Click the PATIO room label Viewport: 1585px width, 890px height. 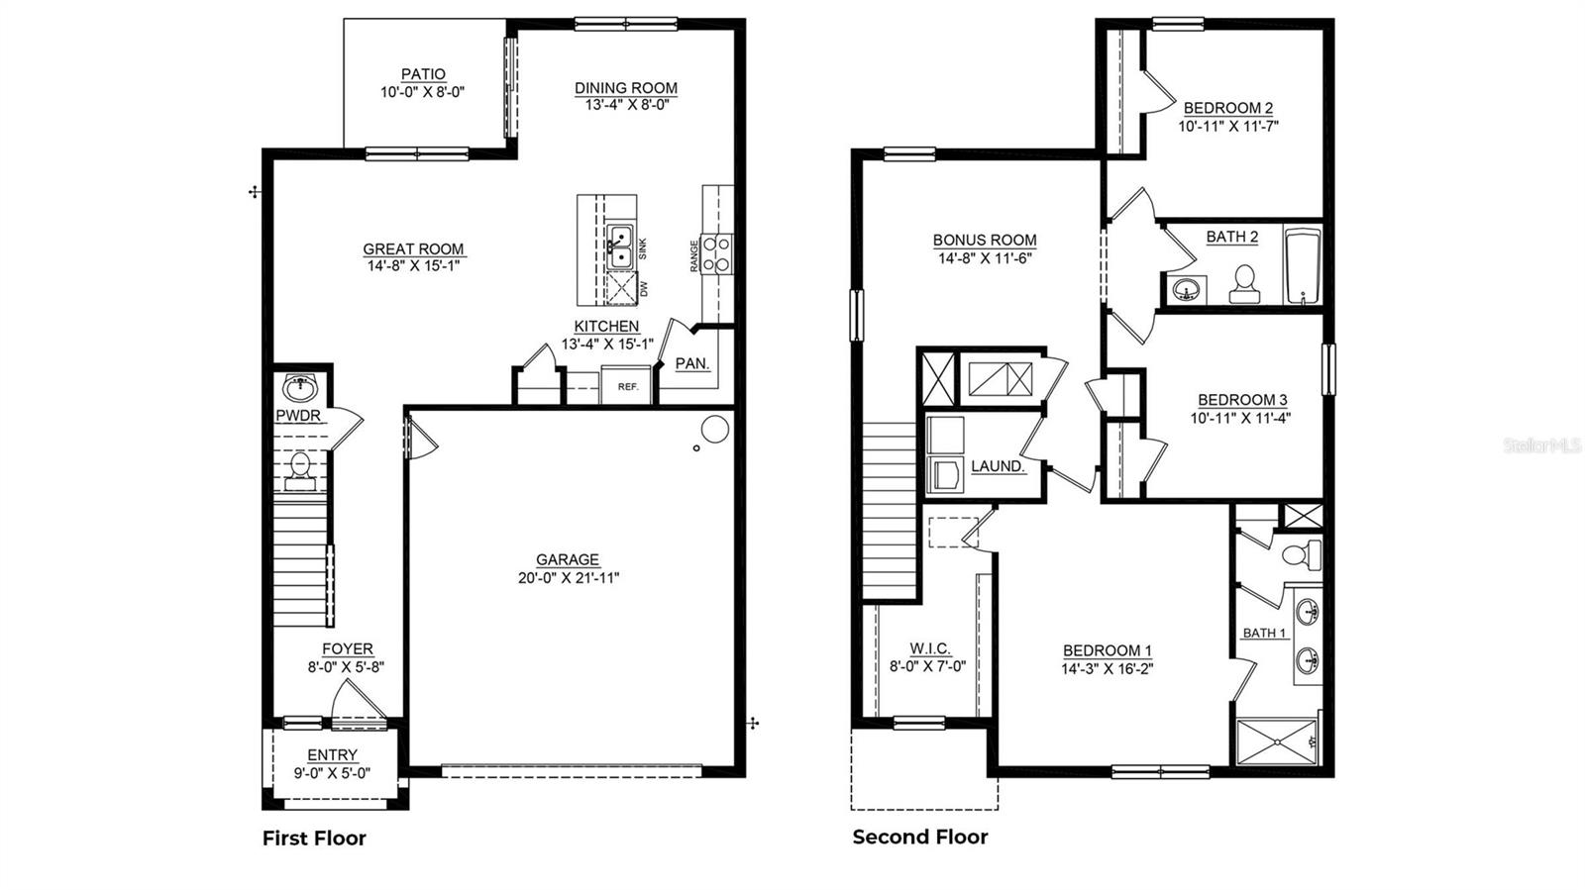pos(423,74)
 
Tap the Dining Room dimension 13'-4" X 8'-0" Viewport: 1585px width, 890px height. pos(626,104)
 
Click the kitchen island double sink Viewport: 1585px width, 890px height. pos(620,247)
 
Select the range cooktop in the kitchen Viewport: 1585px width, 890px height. pos(717,252)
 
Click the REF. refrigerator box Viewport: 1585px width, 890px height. pos(627,386)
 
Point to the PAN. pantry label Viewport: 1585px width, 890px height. pos(691,363)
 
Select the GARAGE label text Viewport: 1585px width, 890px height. pos(568,559)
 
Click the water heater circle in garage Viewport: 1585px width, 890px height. pos(715,429)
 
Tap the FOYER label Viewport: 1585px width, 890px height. pos(347,649)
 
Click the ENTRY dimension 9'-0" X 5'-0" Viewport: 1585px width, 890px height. pos(332,773)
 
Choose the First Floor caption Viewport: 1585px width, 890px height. pos(314,838)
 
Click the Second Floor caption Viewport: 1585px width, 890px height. pos(920,837)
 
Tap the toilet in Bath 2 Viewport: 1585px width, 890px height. pos(1243,284)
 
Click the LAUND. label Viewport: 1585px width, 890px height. pos(997,465)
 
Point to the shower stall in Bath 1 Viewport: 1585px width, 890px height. pos(1278,742)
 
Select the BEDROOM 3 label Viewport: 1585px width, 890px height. pos(1242,400)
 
